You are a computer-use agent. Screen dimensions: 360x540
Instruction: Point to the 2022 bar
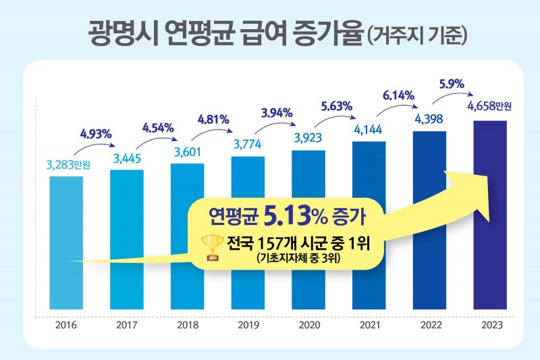point(429,223)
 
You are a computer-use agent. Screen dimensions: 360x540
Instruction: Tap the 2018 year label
point(187,326)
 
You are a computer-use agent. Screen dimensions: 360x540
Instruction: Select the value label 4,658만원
point(490,106)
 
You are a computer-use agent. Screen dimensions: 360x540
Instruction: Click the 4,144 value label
point(369,128)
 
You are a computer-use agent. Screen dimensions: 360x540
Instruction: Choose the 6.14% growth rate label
point(400,97)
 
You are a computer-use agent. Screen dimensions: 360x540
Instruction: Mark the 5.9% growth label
point(451,84)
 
